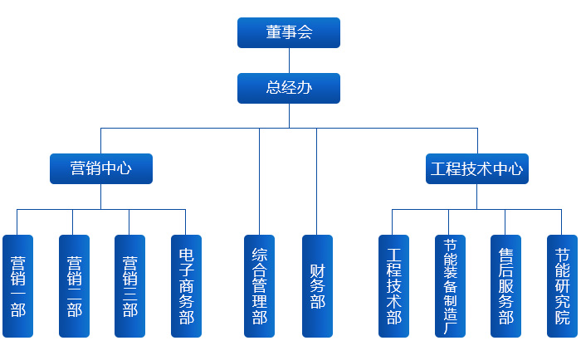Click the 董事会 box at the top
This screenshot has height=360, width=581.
tap(289, 32)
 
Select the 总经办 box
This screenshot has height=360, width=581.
tap(289, 88)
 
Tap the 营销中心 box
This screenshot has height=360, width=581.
tap(101, 168)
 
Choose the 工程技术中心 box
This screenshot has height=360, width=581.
tap(476, 168)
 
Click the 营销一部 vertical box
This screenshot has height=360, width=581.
tap(17, 286)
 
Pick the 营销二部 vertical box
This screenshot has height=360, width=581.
tap(74, 286)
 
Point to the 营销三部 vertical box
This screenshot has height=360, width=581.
tap(129, 286)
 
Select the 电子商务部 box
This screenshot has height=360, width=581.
tap(186, 286)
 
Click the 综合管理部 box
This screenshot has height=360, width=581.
tap(259, 286)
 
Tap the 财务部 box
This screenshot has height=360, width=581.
tap(317, 286)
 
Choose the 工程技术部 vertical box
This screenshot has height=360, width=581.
tap(393, 286)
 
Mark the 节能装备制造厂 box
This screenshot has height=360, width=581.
tap(450, 286)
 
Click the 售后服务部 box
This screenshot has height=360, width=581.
tap(505, 286)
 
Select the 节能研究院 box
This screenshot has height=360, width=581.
tap(562, 286)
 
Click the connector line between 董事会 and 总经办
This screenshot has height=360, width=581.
tap(289, 61)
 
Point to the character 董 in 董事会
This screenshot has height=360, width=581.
tap(273, 32)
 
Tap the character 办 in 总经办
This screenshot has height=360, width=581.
tap(305, 88)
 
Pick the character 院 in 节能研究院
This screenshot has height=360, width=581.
tap(562, 318)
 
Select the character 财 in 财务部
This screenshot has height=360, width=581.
tap(317, 270)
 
